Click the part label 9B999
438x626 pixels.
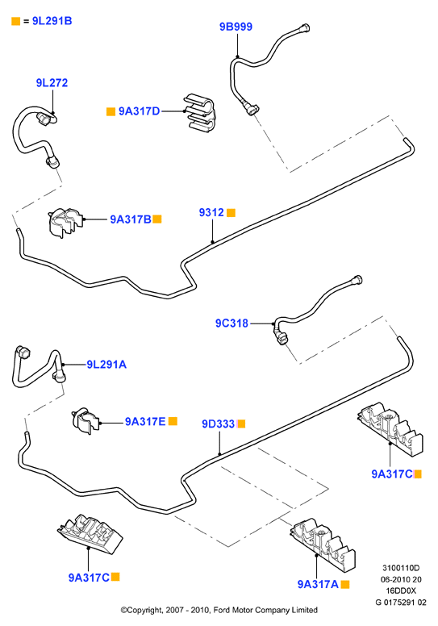point(236,27)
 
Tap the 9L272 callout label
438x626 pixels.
point(52,82)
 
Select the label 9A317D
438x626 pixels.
point(139,111)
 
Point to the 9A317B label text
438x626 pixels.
point(131,219)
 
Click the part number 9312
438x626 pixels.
point(211,212)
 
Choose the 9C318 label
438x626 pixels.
point(232,323)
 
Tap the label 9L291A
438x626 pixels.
point(106,364)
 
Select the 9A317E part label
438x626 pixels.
point(145,421)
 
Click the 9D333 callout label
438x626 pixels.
point(219,424)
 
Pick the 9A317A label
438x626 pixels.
point(318,584)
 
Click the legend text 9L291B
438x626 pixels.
point(52,21)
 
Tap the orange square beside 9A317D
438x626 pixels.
point(111,111)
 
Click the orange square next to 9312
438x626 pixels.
point(232,213)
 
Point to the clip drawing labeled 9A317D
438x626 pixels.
point(199,112)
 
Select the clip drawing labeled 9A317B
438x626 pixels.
point(65,222)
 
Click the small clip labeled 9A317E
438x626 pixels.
point(86,420)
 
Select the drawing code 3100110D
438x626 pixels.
point(401,568)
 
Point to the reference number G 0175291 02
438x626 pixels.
point(401,602)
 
